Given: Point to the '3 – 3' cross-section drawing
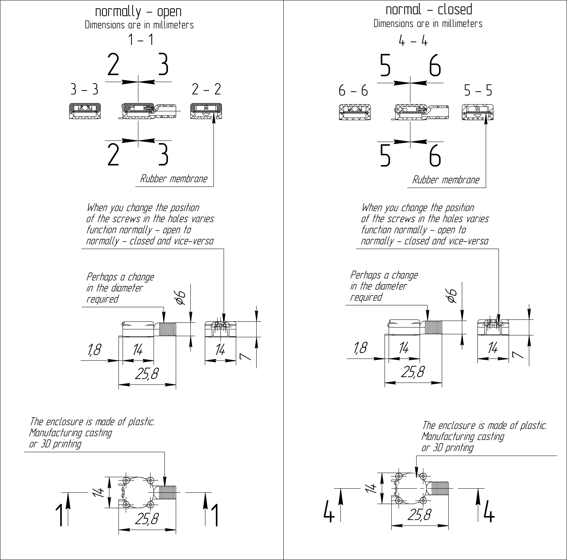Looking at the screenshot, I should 85,111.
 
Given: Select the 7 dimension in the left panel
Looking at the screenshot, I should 245,356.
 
